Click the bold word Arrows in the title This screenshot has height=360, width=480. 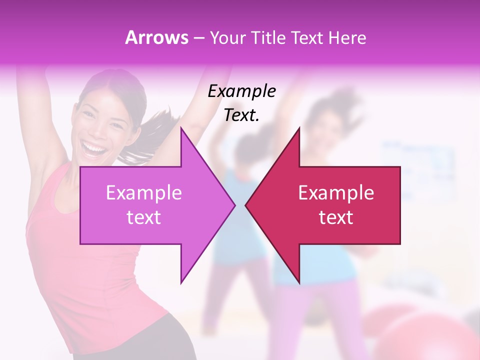point(157,38)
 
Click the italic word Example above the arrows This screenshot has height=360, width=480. point(241,91)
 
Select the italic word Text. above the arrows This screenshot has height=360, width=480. point(241,115)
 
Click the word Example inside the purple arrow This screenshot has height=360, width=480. point(143,192)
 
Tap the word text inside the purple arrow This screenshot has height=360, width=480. point(143,217)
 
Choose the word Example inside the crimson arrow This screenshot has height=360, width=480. point(336,192)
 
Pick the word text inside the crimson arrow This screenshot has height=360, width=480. point(336,217)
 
